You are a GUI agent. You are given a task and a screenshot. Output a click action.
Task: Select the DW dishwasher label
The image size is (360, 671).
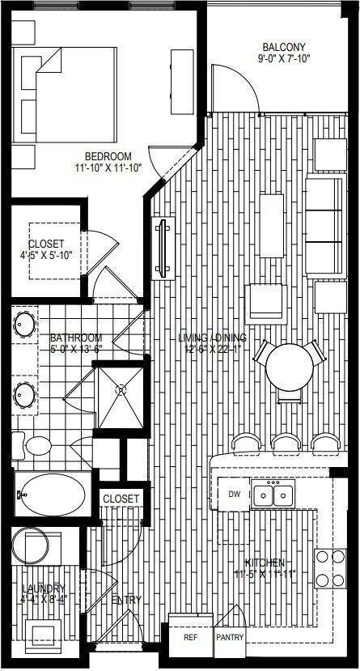tap(235, 494)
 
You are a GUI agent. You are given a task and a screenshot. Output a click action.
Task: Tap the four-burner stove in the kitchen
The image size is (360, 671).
tap(330, 567)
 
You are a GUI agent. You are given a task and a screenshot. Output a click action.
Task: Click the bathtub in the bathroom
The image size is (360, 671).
tap(49, 493)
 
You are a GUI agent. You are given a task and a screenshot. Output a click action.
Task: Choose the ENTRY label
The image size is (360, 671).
tap(127, 600)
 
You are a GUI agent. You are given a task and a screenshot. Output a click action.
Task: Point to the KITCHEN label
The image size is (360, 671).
tap(265, 563)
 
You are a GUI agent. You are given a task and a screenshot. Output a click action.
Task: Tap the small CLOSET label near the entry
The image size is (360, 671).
tap(121, 499)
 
